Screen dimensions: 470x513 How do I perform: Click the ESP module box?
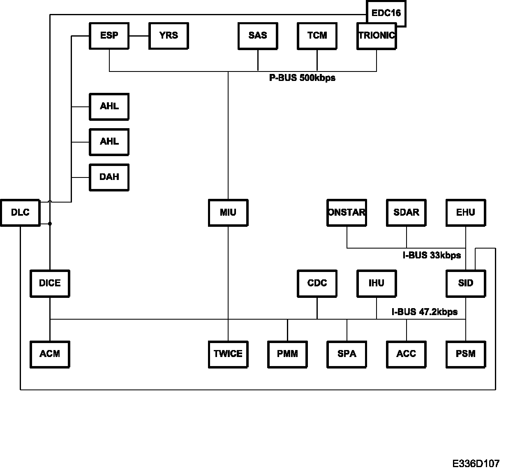109,36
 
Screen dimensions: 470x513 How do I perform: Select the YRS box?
169,36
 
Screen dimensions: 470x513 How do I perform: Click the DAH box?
109,177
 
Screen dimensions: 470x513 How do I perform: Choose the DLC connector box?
20,213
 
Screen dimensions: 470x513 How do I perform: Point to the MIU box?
228,213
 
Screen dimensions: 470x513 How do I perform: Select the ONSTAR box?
347,213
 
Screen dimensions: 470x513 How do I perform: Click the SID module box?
466,283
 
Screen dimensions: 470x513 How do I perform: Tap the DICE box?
50,283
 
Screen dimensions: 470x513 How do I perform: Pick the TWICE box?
228,354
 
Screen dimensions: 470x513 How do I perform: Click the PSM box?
466,354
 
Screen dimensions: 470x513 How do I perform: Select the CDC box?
317,283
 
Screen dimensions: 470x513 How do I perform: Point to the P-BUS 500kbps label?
302,78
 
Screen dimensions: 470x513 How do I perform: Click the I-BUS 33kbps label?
432,256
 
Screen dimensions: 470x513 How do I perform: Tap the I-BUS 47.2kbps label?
424,312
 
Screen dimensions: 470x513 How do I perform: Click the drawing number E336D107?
476,464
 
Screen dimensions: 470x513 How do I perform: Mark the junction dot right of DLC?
50,224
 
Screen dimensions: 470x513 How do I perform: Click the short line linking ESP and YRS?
139,36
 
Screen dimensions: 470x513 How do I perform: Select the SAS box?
258,36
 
